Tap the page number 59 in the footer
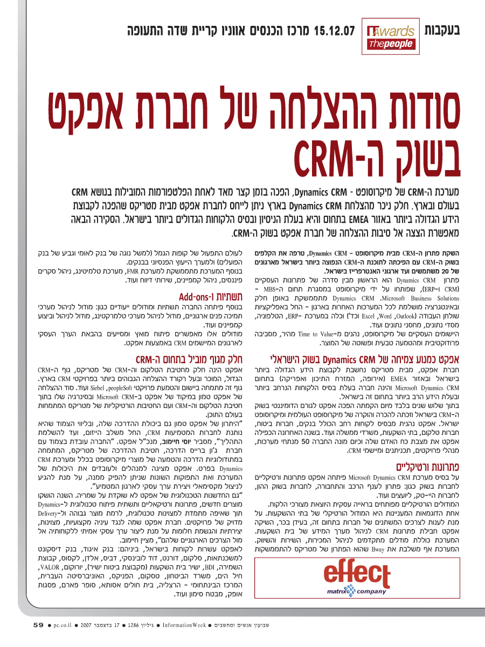(38, 625)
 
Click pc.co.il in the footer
(64, 625)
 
